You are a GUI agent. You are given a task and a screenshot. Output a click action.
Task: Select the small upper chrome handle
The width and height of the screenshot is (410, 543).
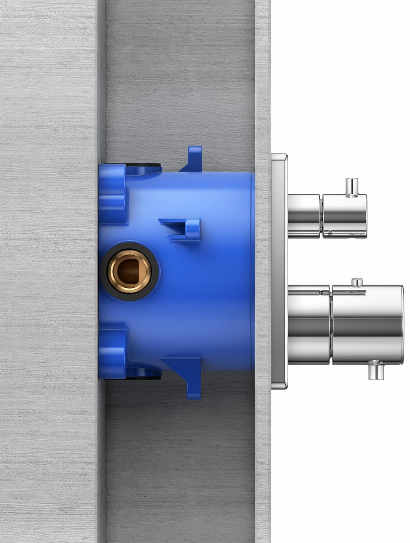344,216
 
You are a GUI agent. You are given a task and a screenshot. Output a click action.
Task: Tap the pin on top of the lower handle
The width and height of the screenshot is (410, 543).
357,282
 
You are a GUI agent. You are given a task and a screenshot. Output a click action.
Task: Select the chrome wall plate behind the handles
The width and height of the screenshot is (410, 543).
279,270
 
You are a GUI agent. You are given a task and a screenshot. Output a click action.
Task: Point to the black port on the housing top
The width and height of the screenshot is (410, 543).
143,167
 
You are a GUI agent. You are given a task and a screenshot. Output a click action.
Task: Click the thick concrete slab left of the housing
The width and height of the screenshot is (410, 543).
49,270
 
